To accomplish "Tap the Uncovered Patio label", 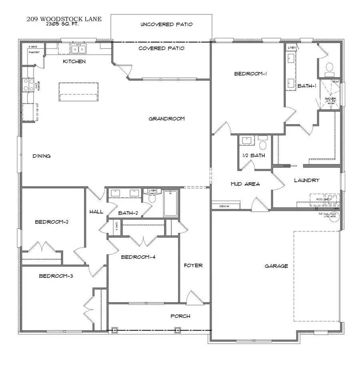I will tap(166, 24).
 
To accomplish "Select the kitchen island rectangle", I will tap(78, 93).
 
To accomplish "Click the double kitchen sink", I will tap(78, 49).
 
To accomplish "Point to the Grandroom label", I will tap(166, 118).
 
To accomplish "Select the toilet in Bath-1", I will tap(330, 68).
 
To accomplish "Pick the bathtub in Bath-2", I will tap(170, 204).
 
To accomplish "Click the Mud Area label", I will tap(245, 184).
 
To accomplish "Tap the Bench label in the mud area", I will tap(224, 207).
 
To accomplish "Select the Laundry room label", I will tap(307, 180).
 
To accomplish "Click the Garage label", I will tap(276, 266).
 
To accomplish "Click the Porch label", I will tap(180, 316).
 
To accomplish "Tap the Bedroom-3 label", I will tap(56, 276).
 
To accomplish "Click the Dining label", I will tap(42, 156).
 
